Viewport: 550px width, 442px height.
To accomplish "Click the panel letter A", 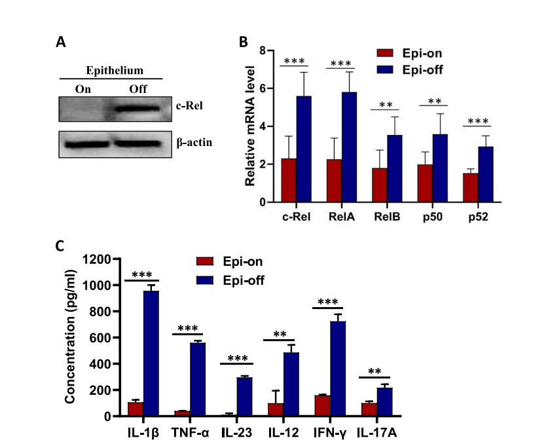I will tap(60, 42).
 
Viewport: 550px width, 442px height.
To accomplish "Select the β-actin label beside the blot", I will tap(179, 141).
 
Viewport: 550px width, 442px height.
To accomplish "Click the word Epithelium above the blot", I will tap(115, 70).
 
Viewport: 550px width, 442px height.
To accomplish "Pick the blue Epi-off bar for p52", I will tap(486, 174).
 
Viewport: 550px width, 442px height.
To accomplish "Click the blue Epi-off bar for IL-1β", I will tap(151, 354).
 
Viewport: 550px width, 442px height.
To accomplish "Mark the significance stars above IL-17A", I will tap(375, 372).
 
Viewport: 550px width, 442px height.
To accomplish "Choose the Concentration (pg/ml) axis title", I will tap(69, 338).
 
